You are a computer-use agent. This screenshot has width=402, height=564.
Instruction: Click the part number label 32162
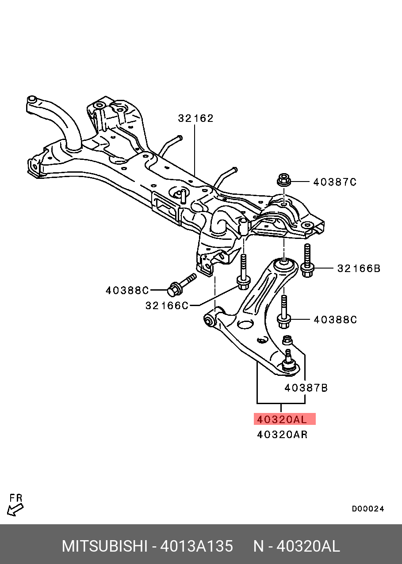click(195, 118)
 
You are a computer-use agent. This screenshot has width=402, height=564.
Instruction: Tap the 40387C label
click(335, 182)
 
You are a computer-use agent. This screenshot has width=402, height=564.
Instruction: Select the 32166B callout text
click(359, 269)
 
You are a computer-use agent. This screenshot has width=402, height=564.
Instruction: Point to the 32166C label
click(167, 306)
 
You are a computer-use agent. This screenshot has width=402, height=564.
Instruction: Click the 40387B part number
click(306, 388)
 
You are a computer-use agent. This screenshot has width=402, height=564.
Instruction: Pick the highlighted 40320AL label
click(284, 419)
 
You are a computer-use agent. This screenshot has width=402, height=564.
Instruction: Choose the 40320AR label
click(282, 435)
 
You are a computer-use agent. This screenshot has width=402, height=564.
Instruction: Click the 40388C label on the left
click(127, 291)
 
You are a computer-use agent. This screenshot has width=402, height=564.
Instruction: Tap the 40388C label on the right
click(335, 320)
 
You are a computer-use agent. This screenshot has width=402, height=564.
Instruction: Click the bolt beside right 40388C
click(283, 312)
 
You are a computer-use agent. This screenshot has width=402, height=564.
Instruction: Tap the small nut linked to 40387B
click(287, 340)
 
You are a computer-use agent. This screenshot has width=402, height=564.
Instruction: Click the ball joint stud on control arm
click(288, 358)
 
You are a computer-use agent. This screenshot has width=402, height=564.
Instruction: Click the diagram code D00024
click(368, 509)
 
